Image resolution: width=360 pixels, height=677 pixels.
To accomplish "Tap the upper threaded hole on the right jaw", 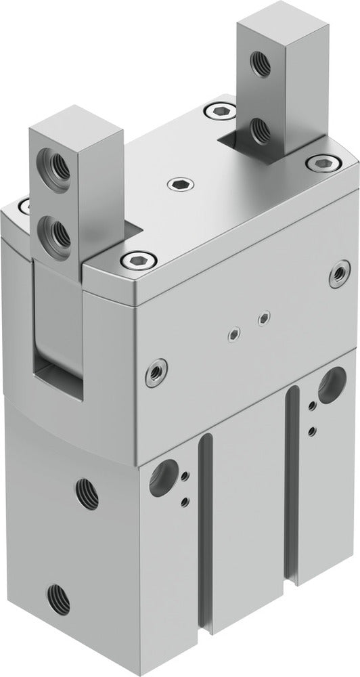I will click(258, 64).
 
